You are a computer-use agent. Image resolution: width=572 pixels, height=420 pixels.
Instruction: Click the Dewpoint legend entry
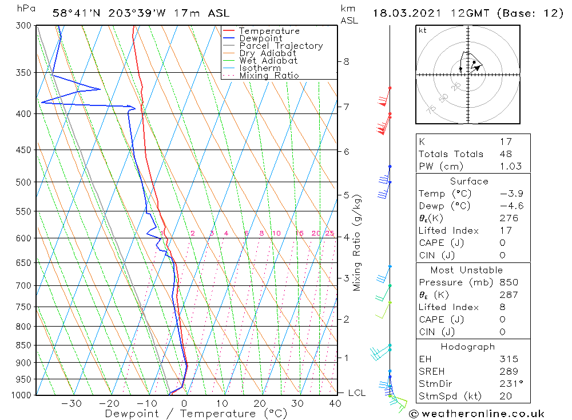coord(260,38)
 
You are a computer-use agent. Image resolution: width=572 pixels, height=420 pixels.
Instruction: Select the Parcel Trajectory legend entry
coord(280,46)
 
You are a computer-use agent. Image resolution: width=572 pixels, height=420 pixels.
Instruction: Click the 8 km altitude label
coord(346,61)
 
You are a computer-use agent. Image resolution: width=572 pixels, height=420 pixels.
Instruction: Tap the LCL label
coord(356,393)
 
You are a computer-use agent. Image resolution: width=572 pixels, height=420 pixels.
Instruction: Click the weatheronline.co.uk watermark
coord(476,413)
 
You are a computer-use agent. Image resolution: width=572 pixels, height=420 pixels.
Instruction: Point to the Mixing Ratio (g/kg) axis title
coord(357,243)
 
